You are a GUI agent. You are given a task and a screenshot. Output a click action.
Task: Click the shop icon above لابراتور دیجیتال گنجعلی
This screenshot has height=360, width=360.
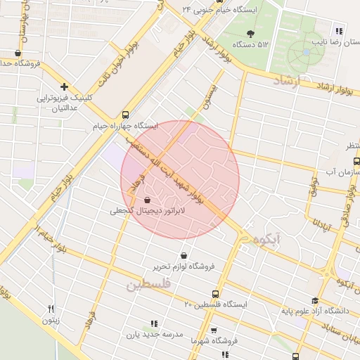click(146, 200)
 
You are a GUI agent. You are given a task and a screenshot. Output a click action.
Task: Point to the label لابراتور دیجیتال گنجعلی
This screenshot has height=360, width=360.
click(146, 211)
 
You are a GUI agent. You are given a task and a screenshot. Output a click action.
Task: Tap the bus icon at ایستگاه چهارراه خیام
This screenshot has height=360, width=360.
click(125, 114)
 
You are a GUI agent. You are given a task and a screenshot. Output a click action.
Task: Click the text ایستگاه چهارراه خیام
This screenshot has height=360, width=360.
click(125, 127)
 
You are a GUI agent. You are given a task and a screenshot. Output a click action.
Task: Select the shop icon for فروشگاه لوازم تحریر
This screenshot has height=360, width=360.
click(184, 255)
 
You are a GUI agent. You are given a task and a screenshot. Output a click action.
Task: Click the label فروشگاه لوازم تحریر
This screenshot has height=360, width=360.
click(184, 267)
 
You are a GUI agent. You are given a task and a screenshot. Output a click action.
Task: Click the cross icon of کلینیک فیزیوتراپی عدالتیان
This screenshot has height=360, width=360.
click(64, 86)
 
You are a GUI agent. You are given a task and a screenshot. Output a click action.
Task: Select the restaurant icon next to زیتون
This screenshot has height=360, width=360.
click(51, 308)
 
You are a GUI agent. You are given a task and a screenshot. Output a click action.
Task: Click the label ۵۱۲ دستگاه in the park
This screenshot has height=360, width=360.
click(253, 44)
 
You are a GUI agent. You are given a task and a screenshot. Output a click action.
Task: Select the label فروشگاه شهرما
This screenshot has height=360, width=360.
click(214, 341)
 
